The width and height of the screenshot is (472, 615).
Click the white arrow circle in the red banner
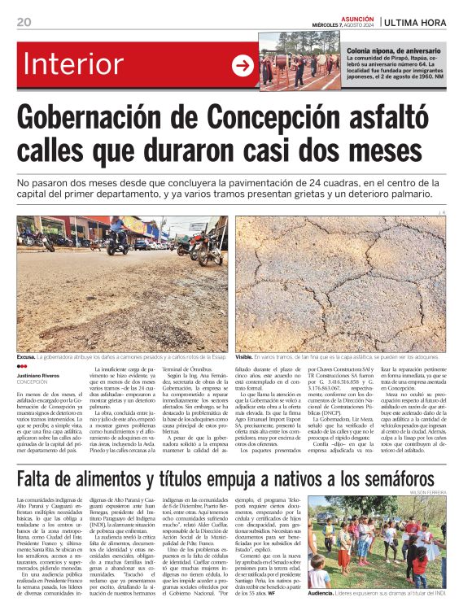pyautogui.click(x=243, y=66)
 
